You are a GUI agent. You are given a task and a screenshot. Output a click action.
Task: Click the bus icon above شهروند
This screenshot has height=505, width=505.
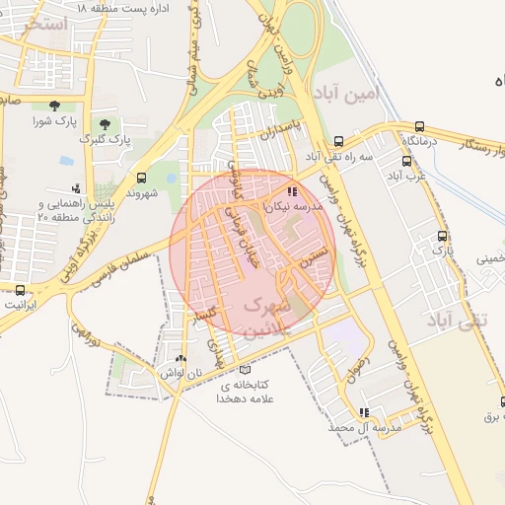click(x=142, y=179)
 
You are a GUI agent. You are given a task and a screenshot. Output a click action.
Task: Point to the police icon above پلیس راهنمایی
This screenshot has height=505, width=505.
click(x=76, y=187)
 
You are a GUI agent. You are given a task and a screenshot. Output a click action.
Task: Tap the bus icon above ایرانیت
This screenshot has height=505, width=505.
click(x=21, y=289)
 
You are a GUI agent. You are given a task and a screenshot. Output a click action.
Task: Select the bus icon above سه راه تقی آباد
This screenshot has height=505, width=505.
click(x=339, y=141)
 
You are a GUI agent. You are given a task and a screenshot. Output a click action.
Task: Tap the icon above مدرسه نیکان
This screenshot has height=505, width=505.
click(x=292, y=192)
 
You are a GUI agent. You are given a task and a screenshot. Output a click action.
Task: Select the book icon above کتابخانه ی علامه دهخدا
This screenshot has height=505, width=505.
click(x=246, y=369)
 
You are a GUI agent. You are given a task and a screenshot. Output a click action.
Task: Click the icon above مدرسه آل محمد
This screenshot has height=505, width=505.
click(x=364, y=412)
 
